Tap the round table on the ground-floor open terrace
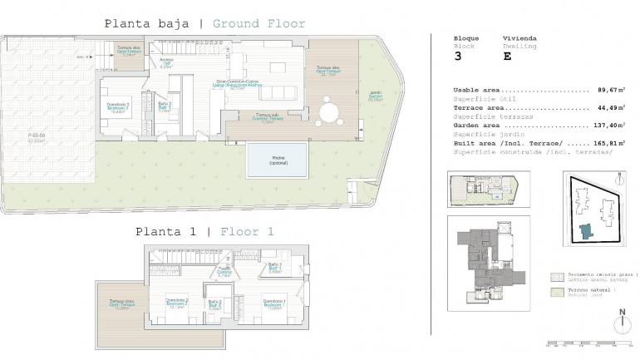click(x=330, y=110)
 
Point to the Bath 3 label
click(x=165, y=106)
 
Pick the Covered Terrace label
click(x=267, y=117)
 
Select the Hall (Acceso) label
click(x=165, y=63)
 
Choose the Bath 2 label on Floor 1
click(x=214, y=304)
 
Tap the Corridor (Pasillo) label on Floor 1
click(x=224, y=273)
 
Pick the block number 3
click(x=457, y=57)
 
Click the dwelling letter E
click(x=507, y=57)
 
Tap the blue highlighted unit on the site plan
click(x=588, y=230)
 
